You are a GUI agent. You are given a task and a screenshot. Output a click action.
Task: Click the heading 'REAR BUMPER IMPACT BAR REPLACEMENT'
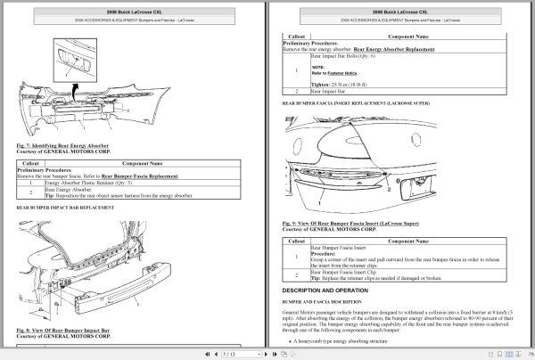point(66,207)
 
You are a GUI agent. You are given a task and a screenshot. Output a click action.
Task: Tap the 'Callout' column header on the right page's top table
point(294,36)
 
